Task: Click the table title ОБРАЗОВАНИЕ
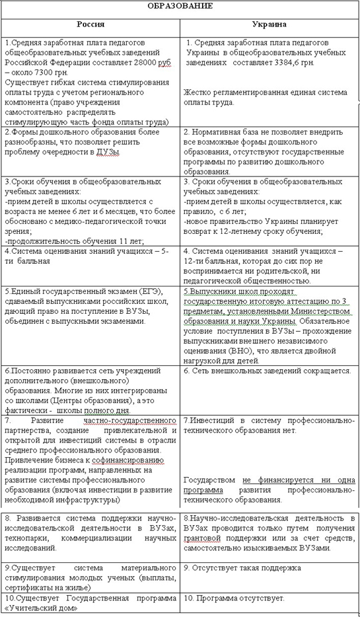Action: pyautogui.click(x=179, y=6)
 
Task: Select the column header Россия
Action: pyautogui.click(x=91, y=23)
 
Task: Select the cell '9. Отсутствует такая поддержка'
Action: pyautogui.click(x=241, y=568)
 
